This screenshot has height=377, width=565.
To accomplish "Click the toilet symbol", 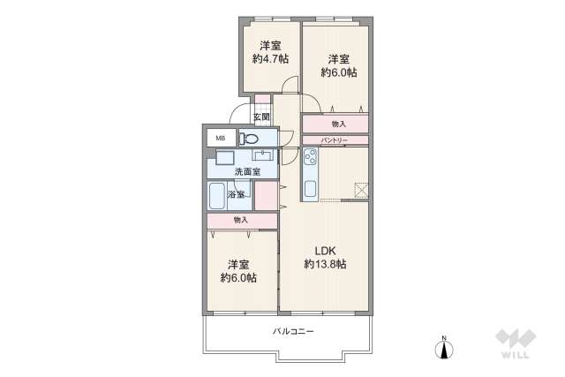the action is [x=249, y=138].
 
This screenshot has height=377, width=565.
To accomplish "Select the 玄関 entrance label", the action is [x=261, y=117].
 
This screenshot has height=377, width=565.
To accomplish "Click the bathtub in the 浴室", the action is [x=217, y=196].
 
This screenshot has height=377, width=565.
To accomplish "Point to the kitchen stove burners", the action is [x=310, y=156].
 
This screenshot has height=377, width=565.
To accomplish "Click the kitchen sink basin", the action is [x=310, y=189].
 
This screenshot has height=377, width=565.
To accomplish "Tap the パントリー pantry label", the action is [x=334, y=140].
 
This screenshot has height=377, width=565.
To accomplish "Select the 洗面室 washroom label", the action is [x=247, y=172].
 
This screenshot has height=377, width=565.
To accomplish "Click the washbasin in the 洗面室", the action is [x=263, y=155].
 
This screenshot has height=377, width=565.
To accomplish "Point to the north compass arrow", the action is [x=444, y=349].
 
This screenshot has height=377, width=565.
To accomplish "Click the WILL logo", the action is [x=516, y=343].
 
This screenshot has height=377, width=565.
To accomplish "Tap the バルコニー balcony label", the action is [x=293, y=331].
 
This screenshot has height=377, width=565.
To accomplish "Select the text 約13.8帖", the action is [x=325, y=264].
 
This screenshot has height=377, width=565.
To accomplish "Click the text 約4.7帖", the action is [x=270, y=58].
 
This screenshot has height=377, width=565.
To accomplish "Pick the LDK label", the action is [x=326, y=251].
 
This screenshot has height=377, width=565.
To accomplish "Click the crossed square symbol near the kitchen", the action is [x=361, y=190].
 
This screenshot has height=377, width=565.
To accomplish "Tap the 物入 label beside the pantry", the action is [x=339, y=124].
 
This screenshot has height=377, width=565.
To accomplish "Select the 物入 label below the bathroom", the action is [x=241, y=220].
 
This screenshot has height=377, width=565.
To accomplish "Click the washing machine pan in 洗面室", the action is [x=225, y=157].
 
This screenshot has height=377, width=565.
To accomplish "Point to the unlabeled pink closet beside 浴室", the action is [x=267, y=196].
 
